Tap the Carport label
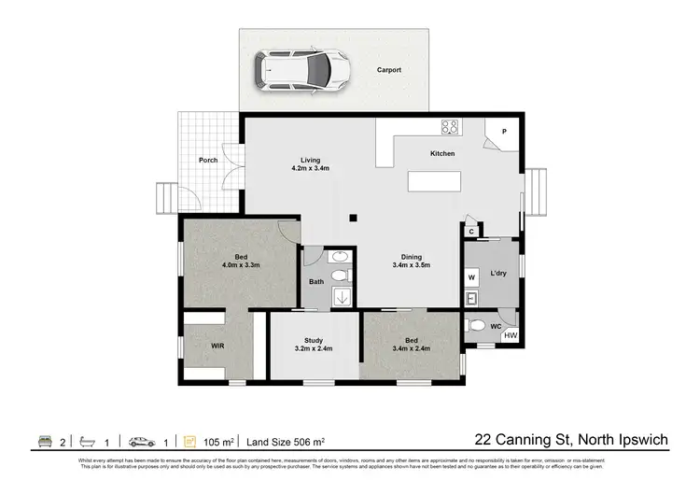click(389, 70)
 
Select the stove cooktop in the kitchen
click(449, 128)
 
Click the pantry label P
click(504, 133)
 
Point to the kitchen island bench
click(436, 183)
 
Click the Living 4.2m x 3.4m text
click(310, 163)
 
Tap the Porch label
click(208, 160)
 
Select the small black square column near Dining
click(353, 219)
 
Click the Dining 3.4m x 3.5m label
click(411, 262)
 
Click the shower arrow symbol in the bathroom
click(343, 297)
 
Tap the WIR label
click(217, 346)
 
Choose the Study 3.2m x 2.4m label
click(313, 345)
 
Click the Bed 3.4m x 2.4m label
click(412, 345)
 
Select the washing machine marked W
click(472, 277)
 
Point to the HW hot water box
click(510, 335)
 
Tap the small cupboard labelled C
click(472, 232)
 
